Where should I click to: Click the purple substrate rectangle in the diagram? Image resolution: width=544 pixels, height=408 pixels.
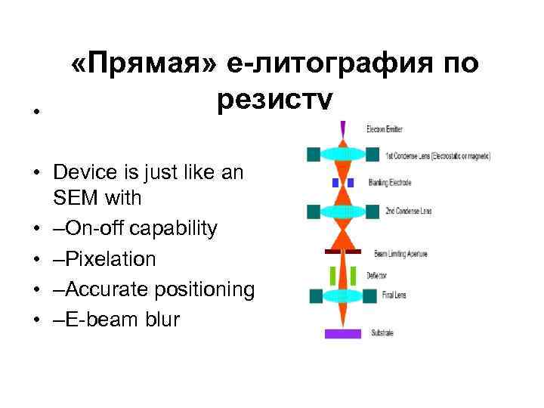(343, 333)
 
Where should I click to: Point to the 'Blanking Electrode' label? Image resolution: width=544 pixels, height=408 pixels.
(390, 183)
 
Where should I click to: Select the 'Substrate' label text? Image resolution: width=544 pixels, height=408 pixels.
(382, 332)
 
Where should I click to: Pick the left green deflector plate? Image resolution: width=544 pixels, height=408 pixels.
(332, 276)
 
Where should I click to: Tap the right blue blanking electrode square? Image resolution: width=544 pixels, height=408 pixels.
(351, 183)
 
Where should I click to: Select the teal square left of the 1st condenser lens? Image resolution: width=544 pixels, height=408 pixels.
(314, 155)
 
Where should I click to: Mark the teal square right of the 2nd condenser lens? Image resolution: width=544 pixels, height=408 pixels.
(372, 211)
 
